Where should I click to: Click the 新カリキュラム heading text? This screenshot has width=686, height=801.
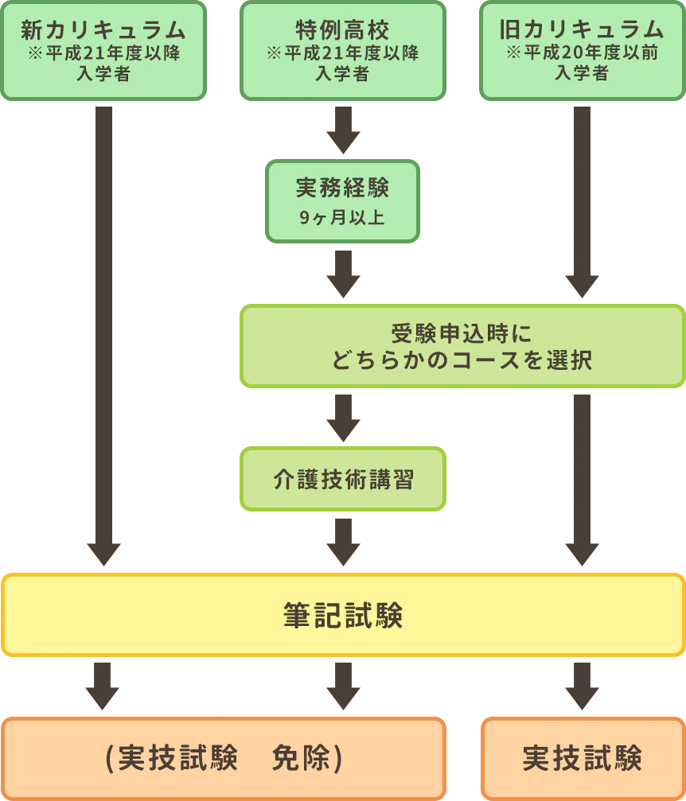coord(103,30)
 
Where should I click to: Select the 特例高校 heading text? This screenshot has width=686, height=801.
coord(342,30)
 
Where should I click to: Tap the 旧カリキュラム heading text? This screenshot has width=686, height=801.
coord(582,30)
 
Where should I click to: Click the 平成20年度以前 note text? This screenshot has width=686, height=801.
coord(582,53)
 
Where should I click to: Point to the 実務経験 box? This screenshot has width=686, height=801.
coord(342,200)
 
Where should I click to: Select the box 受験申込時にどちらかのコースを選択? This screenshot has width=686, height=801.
coord(462,346)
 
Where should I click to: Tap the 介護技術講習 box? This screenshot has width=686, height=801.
coord(342,479)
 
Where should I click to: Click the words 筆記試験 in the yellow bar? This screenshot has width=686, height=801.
coord(343,615)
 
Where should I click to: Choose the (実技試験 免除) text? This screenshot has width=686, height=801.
coord(224,759)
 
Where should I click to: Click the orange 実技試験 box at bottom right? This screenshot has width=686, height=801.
coord(583,759)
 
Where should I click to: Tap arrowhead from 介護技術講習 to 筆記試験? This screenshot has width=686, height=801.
coord(343,553)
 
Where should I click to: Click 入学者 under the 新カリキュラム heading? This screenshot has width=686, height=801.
coord(103,74)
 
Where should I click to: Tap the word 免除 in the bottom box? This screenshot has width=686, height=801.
coord(301,759)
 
